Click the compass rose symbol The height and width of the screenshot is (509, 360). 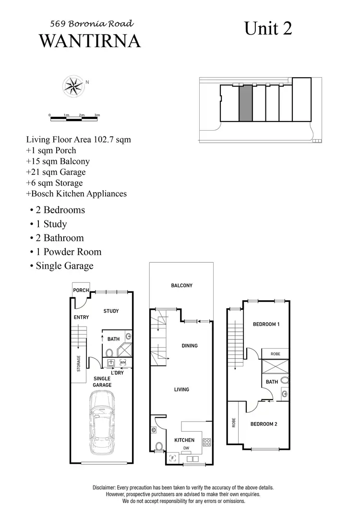click(x=73, y=86)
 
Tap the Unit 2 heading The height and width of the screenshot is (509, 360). click(x=268, y=28)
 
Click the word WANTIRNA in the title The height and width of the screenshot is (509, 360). click(x=90, y=41)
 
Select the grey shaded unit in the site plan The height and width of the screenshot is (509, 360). click(x=245, y=104)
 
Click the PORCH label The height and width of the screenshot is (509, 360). click(x=81, y=291)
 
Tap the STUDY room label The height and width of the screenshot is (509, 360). click(x=111, y=311)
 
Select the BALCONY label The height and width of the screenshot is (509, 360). click(x=182, y=286)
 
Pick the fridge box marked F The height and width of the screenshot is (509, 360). click(x=172, y=458)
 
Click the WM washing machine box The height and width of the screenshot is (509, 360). click(x=123, y=362)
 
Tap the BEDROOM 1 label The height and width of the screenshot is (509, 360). click(x=266, y=324)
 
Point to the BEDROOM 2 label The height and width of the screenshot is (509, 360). click(x=264, y=424)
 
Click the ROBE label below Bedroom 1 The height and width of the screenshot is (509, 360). click(x=275, y=353)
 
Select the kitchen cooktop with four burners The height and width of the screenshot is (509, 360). click(x=207, y=442)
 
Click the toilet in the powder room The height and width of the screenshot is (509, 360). click(x=159, y=447)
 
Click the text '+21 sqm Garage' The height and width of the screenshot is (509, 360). click(x=56, y=172)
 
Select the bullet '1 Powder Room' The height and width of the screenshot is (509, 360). click(x=65, y=252)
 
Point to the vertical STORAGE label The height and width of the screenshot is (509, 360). click(x=79, y=364)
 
